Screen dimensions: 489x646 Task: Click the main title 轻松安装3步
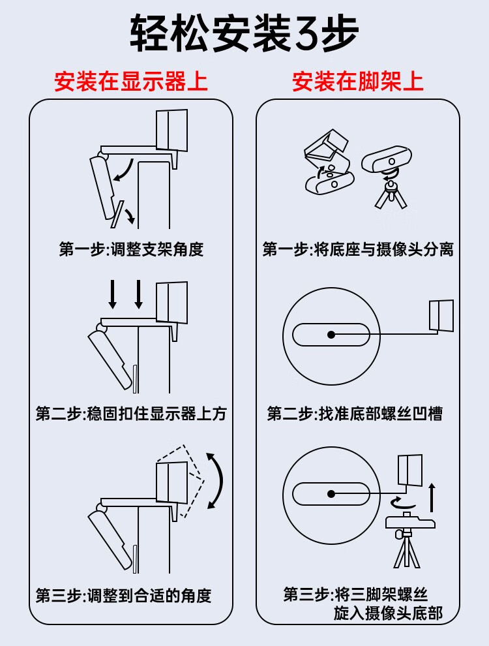pyautogui.click(x=244, y=34)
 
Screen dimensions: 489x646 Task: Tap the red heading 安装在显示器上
pyautogui.click(x=131, y=81)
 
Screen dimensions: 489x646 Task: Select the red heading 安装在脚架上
pyautogui.click(x=358, y=81)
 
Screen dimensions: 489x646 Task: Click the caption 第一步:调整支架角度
pyautogui.click(x=131, y=249)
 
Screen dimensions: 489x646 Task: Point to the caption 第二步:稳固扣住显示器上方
pyautogui.click(x=131, y=414)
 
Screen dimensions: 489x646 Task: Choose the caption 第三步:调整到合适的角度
pyautogui.click(x=123, y=595)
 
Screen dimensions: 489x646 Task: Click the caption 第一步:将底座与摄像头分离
pyautogui.click(x=358, y=249)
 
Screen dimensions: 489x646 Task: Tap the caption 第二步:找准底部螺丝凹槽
pyautogui.click(x=355, y=414)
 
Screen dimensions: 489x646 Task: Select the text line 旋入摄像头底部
pyautogui.click(x=388, y=613)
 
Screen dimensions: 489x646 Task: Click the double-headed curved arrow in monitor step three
pyautogui.click(x=222, y=480)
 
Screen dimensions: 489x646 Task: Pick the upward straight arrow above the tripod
pyautogui.click(x=432, y=497)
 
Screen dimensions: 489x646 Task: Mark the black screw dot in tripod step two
pyautogui.click(x=331, y=335)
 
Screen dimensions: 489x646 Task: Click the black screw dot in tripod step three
pyautogui.click(x=331, y=493)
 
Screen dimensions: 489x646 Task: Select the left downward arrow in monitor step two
pyautogui.click(x=112, y=294)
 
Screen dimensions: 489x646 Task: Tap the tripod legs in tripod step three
pyautogui.click(x=407, y=550)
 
